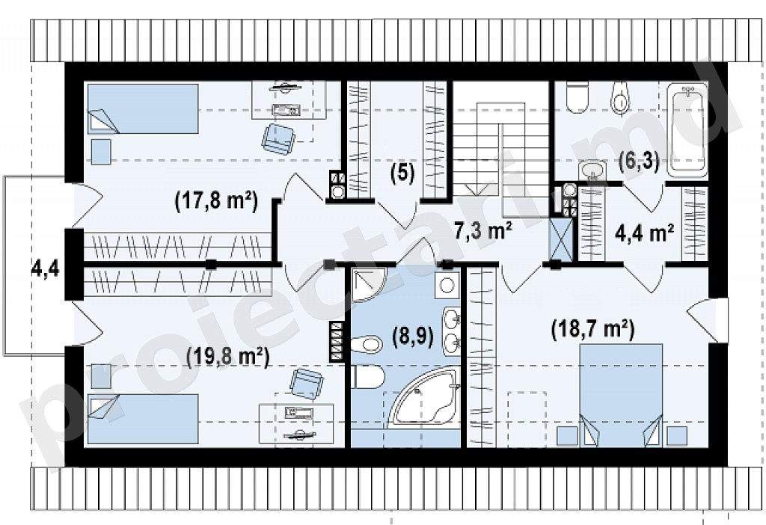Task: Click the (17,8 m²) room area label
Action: click(216, 201)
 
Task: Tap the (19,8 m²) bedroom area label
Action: click(228, 358)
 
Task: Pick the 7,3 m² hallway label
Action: click(483, 230)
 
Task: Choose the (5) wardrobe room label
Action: click(402, 173)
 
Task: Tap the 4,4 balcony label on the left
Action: click(45, 268)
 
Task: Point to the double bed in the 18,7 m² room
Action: click(621, 395)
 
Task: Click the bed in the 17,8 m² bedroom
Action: click(143, 108)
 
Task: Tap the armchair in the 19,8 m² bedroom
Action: click(306, 384)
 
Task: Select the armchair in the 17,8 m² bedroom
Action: click(278, 138)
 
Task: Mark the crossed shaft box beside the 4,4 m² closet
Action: click(562, 239)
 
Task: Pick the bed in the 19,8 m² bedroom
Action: click(143, 420)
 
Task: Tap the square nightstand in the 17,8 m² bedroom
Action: click(101, 151)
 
